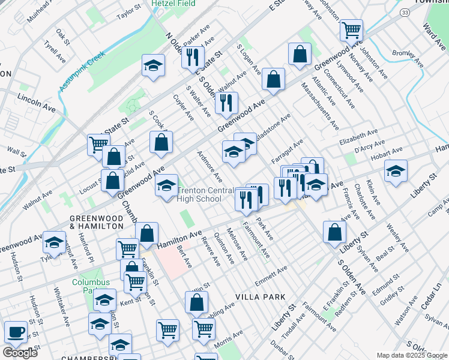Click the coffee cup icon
tap(16, 331)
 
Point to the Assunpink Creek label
tap(82, 71)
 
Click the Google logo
tap(20, 353)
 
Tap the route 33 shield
tap(405, 12)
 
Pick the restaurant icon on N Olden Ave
tap(192, 56)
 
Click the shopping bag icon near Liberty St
tap(334, 232)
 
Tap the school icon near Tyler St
tap(55, 242)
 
